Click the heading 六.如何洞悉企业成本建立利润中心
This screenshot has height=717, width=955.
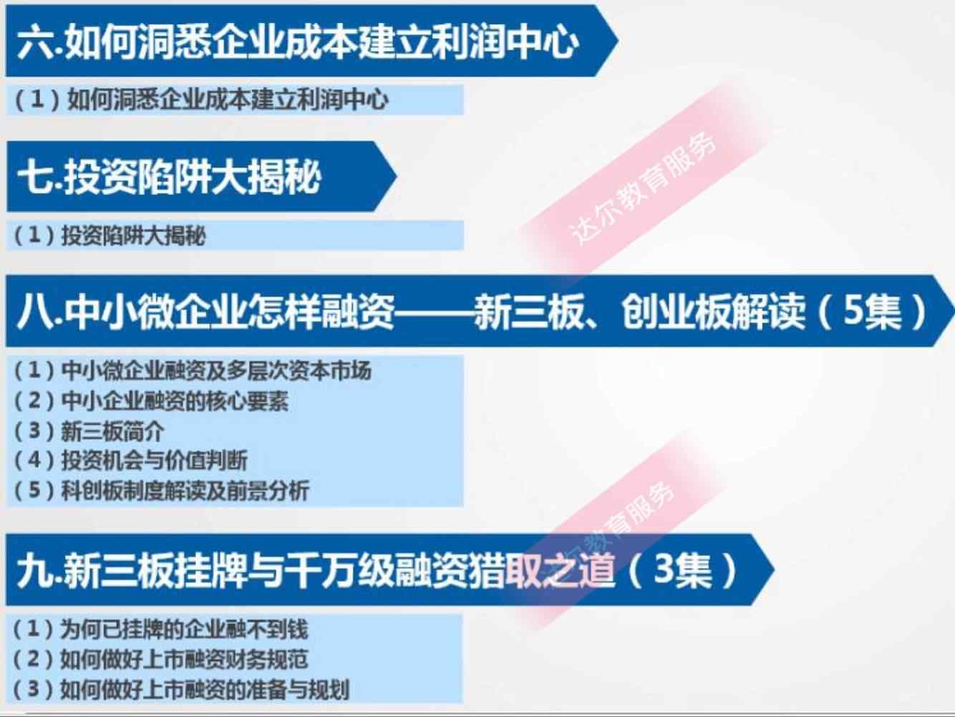tap(297, 42)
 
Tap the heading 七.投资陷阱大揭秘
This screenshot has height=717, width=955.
tap(169, 177)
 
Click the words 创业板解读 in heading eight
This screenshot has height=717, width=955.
tap(712, 312)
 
